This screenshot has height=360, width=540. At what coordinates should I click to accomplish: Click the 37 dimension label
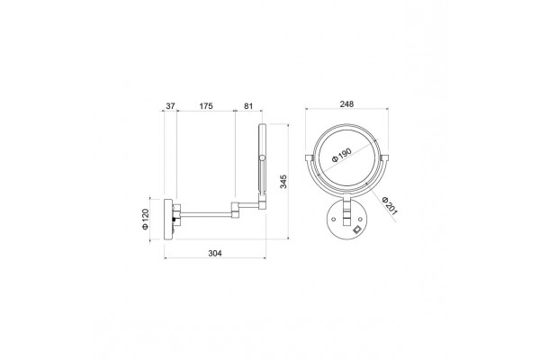click(x=170, y=106)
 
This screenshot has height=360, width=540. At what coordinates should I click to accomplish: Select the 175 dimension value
click(x=206, y=106)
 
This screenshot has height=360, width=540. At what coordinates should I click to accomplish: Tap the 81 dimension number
click(x=248, y=106)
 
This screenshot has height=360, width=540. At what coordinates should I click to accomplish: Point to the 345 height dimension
click(x=283, y=182)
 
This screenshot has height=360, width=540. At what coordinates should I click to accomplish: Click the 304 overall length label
click(x=215, y=253)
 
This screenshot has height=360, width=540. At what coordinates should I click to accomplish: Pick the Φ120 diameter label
click(x=145, y=219)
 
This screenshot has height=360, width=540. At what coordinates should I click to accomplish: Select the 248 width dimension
click(x=346, y=103)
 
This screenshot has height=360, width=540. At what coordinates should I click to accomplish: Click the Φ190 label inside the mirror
click(x=341, y=156)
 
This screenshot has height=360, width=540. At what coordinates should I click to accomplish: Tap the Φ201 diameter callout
click(x=390, y=206)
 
